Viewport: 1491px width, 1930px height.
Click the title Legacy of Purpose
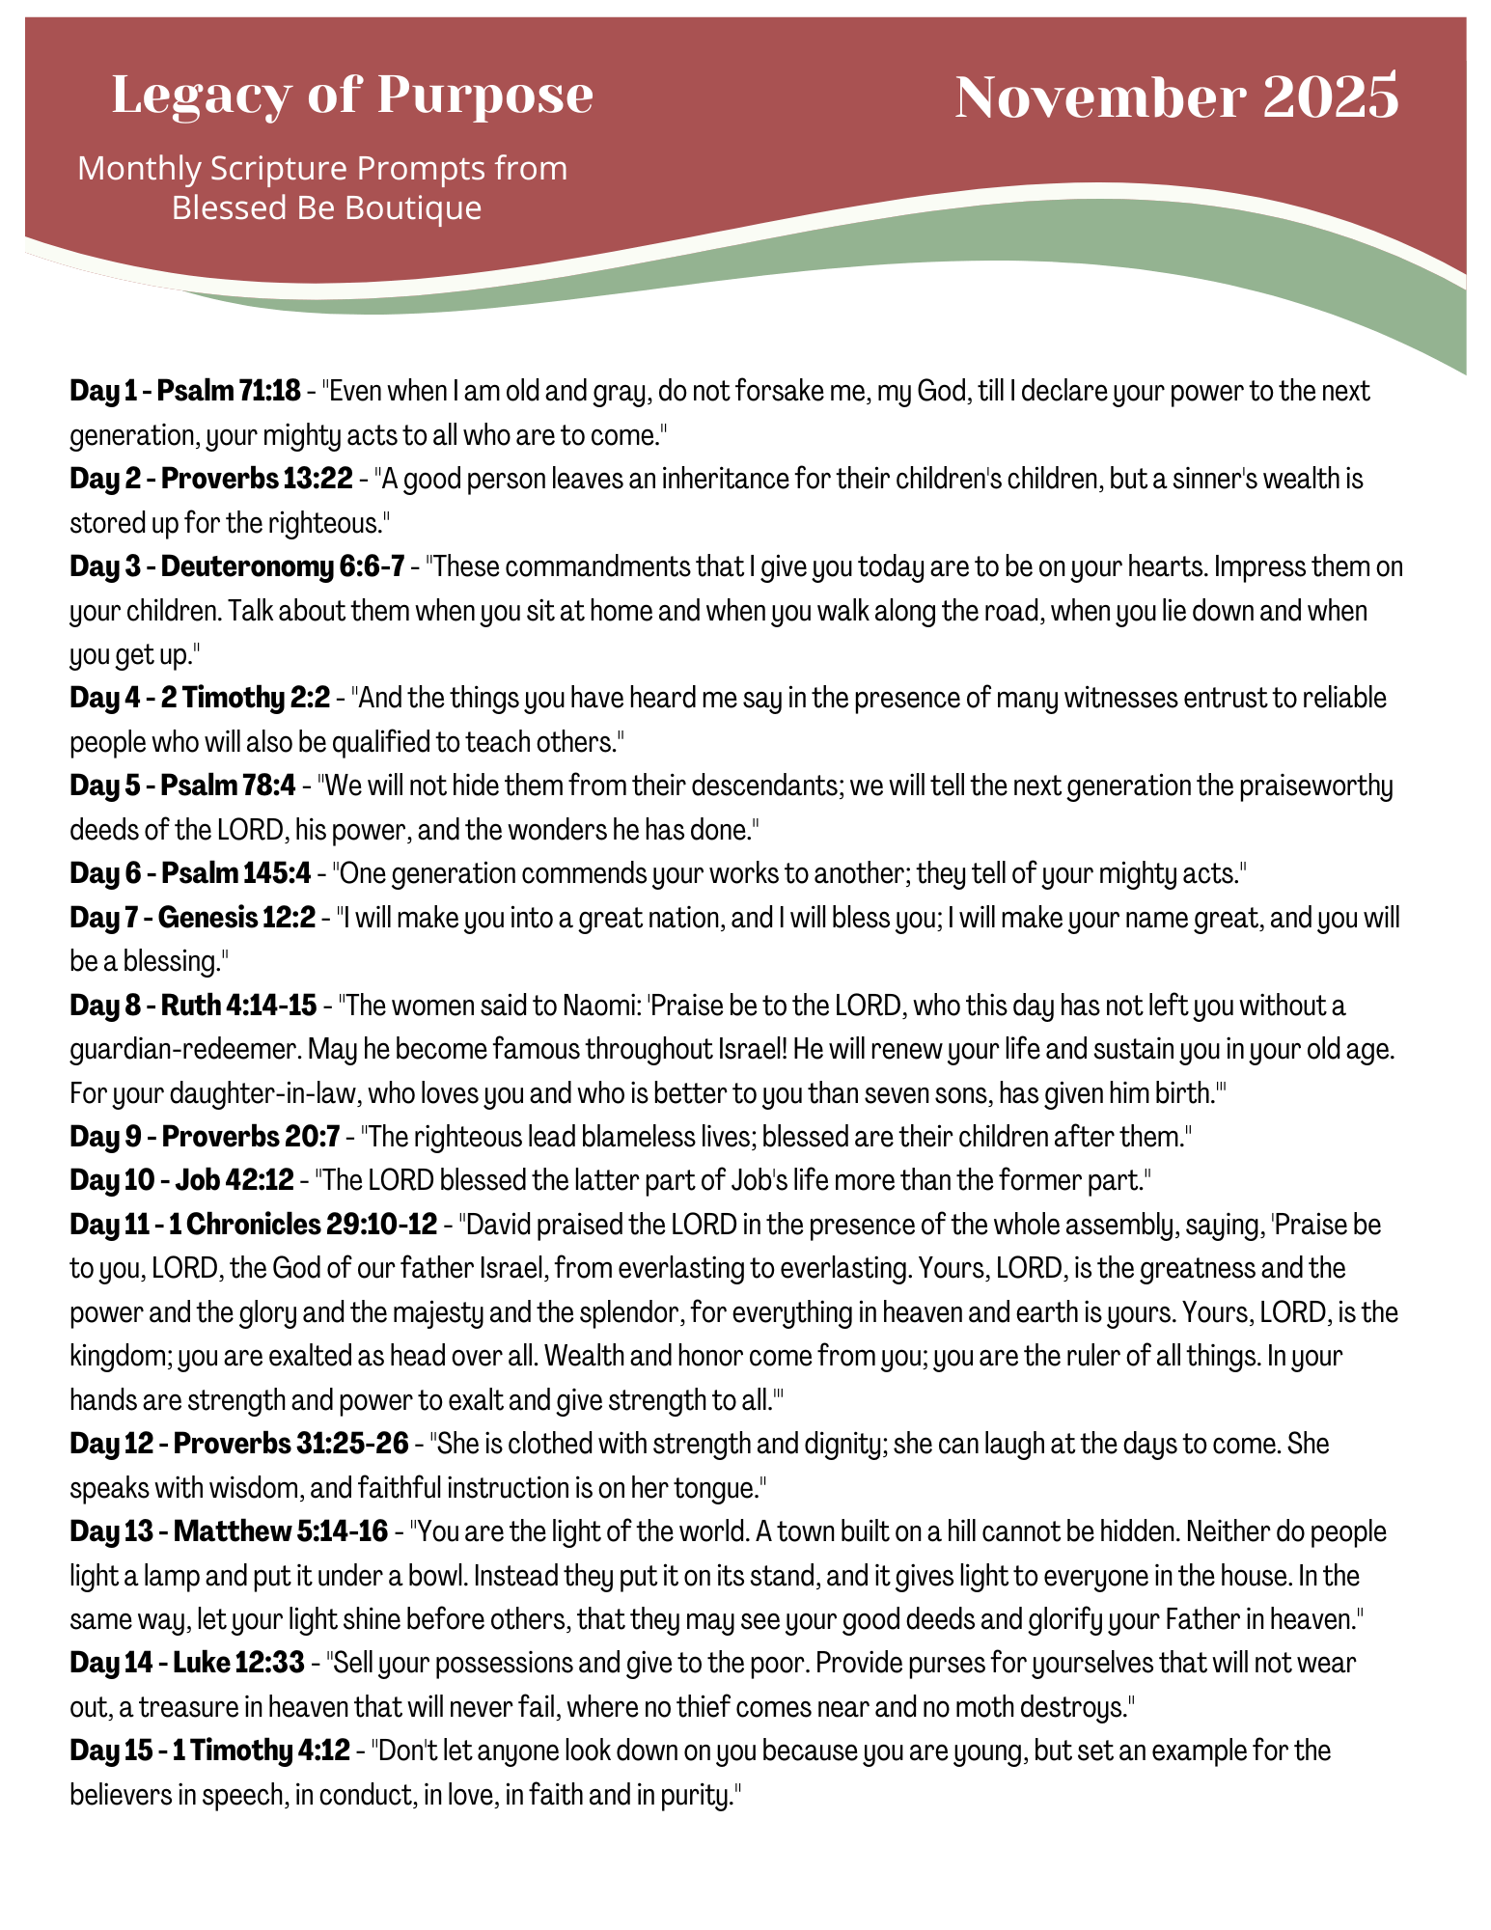click(352, 96)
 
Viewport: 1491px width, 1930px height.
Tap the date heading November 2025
click(1176, 97)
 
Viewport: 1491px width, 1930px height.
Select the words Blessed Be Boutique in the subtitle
click(326, 207)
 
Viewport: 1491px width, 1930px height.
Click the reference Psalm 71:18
click(229, 392)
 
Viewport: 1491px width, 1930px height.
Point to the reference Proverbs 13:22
click(257, 479)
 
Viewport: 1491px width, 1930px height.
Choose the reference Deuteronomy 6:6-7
click(282, 566)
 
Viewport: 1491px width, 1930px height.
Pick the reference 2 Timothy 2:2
click(255, 698)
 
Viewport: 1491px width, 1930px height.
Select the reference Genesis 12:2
click(236, 918)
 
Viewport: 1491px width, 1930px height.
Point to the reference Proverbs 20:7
click(251, 1137)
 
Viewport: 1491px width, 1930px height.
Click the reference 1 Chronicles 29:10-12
click(303, 1225)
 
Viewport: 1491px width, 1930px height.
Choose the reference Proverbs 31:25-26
click(291, 1444)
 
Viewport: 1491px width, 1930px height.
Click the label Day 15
click(109, 1751)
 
